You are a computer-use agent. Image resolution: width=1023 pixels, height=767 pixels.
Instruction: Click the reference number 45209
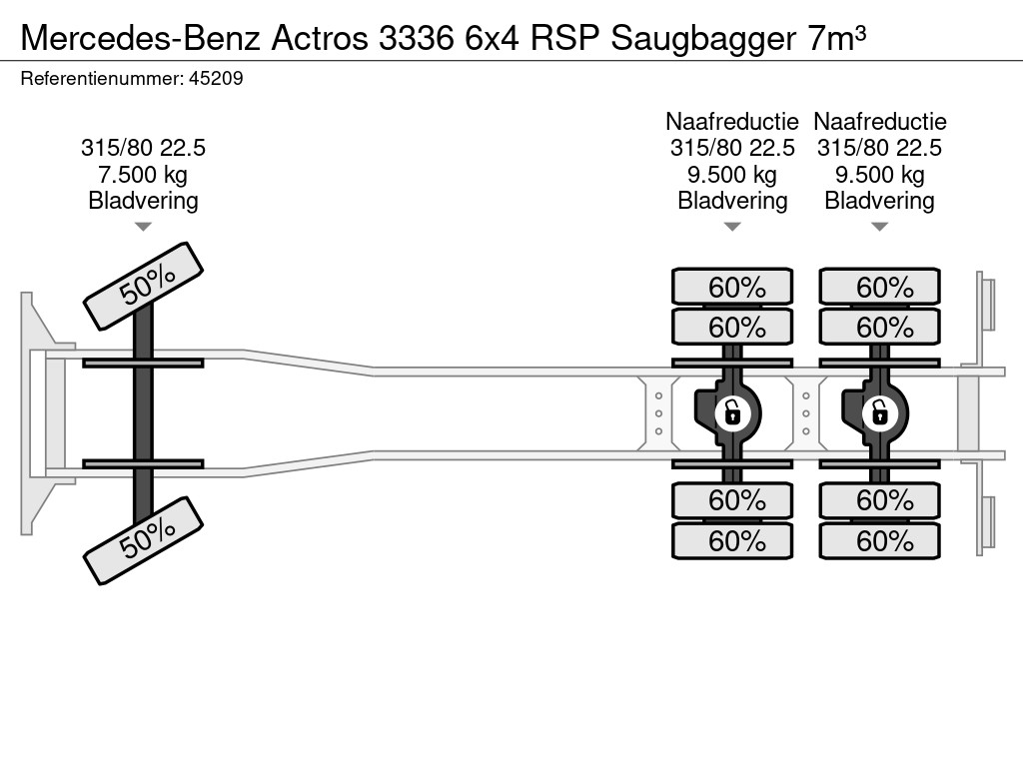point(216,78)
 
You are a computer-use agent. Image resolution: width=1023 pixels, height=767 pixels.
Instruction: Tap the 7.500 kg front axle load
point(144,175)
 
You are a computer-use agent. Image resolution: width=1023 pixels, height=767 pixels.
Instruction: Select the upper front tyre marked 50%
point(144,286)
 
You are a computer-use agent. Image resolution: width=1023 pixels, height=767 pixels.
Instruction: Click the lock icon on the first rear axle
point(732,411)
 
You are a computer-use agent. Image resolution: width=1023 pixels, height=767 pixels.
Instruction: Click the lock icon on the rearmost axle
point(880,411)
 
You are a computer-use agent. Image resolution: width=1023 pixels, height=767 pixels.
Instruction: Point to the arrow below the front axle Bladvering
point(144,227)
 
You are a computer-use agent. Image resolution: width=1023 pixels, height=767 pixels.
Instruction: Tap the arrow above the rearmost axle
point(880,227)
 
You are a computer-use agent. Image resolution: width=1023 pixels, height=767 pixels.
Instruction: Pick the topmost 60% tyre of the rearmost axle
point(880,288)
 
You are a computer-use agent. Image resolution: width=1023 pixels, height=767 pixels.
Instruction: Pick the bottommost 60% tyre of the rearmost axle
point(880,541)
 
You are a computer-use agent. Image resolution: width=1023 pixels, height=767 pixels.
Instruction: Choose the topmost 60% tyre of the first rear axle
point(732,288)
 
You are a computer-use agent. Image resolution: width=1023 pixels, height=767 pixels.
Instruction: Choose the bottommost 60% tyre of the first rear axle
point(732,541)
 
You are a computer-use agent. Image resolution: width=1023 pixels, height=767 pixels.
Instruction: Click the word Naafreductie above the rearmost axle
point(880,122)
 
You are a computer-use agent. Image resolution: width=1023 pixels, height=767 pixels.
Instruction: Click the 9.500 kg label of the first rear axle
point(732,175)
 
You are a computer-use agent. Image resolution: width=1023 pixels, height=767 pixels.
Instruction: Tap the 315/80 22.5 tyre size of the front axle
point(144,148)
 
